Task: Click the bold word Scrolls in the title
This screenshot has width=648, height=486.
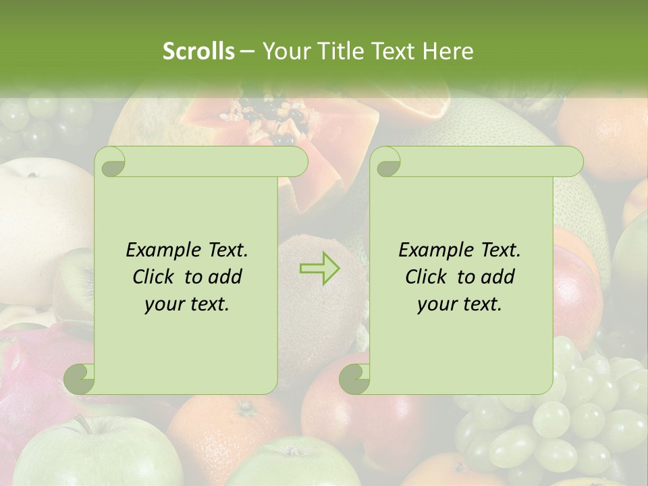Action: click(x=199, y=51)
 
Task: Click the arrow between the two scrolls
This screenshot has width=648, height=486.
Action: click(x=320, y=269)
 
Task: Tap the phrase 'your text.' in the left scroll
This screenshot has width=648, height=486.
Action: click(x=187, y=304)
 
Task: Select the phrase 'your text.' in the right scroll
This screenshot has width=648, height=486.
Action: click(x=460, y=304)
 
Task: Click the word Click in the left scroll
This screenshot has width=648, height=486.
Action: click(x=156, y=277)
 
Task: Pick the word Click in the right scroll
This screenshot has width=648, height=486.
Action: click(x=429, y=277)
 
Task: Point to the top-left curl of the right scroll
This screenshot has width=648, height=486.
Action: click(x=385, y=161)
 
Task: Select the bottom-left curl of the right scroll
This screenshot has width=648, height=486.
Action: click(x=354, y=379)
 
